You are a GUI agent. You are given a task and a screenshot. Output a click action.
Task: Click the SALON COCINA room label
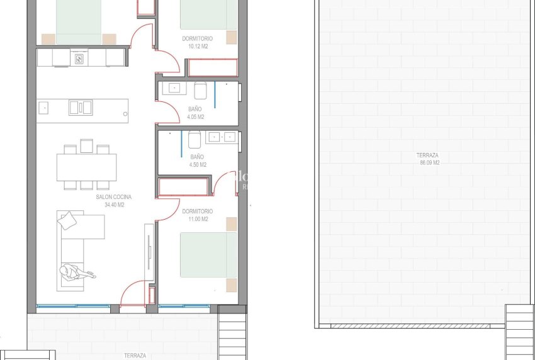pyautogui.click(x=114, y=197)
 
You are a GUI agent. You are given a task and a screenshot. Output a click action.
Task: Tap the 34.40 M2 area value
pyautogui.click(x=114, y=205)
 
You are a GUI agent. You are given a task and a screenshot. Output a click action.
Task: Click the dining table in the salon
pyautogui.click(x=86, y=167)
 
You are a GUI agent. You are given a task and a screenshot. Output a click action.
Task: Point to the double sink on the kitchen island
pyautogui.click(x=81, y=107)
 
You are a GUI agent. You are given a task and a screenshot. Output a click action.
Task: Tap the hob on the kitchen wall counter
pyautogui.click(x=80, y=59)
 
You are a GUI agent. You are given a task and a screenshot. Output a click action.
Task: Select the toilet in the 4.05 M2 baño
pyautogui.click(x=201, y=91)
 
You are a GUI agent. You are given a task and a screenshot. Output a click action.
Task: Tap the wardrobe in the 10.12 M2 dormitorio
pyautogui.click(x=212, y=67)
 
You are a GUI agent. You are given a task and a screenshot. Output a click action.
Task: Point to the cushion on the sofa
pyautogui.click(x=67, y=220)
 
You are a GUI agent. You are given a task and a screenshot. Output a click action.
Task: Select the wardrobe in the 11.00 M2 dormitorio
pyautogui.click(x=184, y=187)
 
